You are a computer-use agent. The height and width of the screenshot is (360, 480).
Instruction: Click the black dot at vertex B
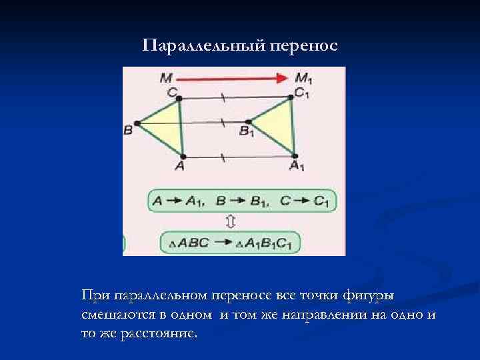coord(137,123)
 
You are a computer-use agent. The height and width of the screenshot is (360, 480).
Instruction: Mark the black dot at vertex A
coord(183,156)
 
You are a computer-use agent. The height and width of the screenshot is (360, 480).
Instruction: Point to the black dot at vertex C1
coord(291,97)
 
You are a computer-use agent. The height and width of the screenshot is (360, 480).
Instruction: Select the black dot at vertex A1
coord(294,156)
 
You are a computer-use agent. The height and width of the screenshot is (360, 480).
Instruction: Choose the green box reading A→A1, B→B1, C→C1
coord(241,200)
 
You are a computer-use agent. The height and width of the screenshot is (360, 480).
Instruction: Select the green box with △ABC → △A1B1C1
coord(230,241)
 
